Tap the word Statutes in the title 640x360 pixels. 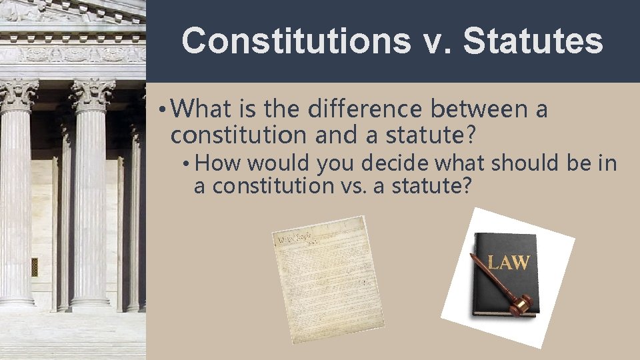[533, 41]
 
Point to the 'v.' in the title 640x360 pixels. [436, 41]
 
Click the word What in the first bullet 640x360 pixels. [206, 108]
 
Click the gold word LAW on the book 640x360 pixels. [509, 262]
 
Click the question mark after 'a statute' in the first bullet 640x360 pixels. [471, 135]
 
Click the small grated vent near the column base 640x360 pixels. [34, 267]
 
